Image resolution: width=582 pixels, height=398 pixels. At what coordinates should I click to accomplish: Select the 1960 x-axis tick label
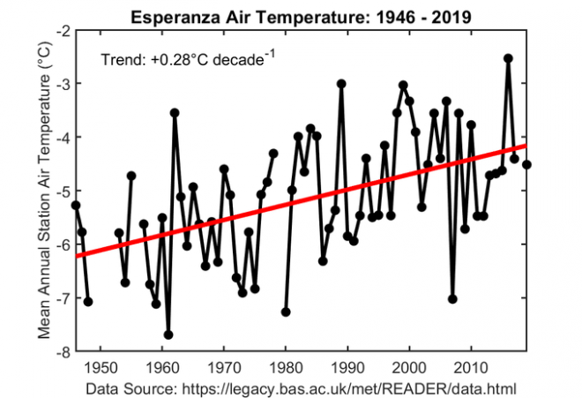[x=162, y=366]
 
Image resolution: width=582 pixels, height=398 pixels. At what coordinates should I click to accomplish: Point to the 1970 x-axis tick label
[x=224, y=366]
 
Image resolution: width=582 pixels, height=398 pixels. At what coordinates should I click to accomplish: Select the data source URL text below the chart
[x=301, y=387]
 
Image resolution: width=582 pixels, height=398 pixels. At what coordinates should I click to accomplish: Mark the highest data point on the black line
[x=508, y=58]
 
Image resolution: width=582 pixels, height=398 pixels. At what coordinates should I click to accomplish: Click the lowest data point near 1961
[x=168, y=334]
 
